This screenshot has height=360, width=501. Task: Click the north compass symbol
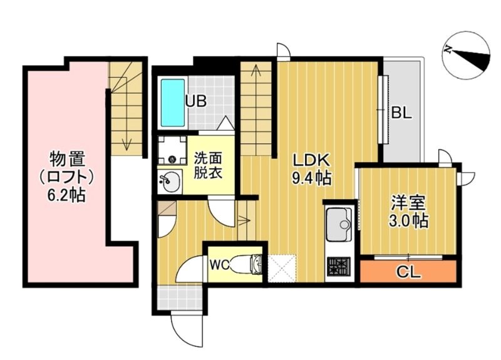click(466, 53)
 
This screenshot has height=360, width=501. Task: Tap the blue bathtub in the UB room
click(172, 103)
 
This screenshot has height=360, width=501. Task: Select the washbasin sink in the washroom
click(168, 182)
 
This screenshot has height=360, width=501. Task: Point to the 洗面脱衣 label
click(206, 166)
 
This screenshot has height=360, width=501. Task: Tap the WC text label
click(220, 265)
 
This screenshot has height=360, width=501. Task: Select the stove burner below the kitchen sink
click(339, 268)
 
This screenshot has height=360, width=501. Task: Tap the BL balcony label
click(401, 113)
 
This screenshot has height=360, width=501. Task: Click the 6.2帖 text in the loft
click(66, 195)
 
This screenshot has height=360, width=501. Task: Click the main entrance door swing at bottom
click(183, 328)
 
